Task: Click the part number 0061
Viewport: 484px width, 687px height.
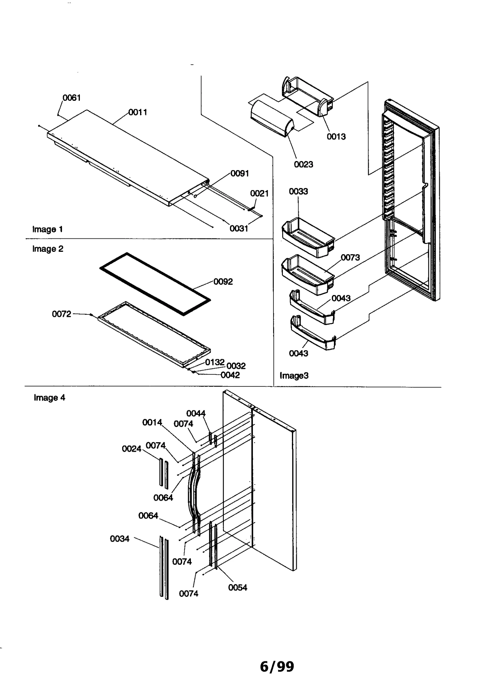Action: [71, 98]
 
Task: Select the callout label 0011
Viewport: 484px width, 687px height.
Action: [138, 112]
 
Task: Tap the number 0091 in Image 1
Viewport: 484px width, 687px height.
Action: [240, 173]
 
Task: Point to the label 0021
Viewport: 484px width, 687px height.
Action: [259, 193]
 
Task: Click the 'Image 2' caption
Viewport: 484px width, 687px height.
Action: [48, 249]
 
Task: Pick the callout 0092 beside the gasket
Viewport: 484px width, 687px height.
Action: [223, 281]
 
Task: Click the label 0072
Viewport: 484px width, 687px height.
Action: [61, 314]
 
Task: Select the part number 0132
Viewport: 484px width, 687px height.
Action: [214, 362]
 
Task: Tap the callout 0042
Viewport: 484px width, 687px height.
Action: [230, 375]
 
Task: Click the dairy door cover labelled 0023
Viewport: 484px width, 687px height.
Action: [272, 120]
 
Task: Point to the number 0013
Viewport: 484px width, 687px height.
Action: [336, 136]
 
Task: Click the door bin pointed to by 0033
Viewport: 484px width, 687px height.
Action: [307, 238]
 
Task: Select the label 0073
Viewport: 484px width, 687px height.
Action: [350, 258]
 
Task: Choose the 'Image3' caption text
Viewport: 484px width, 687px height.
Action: [294, 376]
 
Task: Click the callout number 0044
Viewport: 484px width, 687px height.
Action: [196, 413]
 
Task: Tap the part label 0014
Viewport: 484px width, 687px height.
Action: [152, 422]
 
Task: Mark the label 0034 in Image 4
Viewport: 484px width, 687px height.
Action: [119, 538]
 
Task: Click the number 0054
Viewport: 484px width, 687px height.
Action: [237, 587]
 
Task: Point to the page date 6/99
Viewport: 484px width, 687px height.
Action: [277, 667]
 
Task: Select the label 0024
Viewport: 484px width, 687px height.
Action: [132, 449]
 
